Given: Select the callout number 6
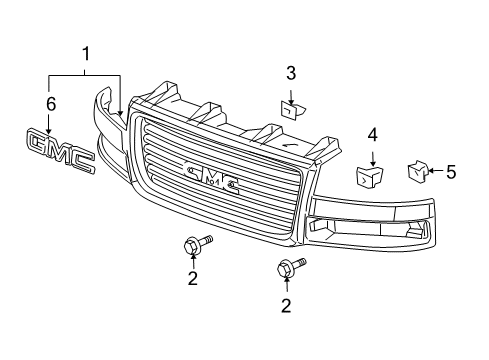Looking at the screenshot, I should (49, 103).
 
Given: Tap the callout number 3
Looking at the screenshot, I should (291, 72).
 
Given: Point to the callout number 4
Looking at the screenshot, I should (371, 133).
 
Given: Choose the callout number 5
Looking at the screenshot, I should (450, 172).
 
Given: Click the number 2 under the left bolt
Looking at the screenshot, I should (193, 279).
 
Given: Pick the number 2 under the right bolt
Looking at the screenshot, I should (285, 305).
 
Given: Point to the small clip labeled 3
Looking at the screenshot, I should (290, 110).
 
